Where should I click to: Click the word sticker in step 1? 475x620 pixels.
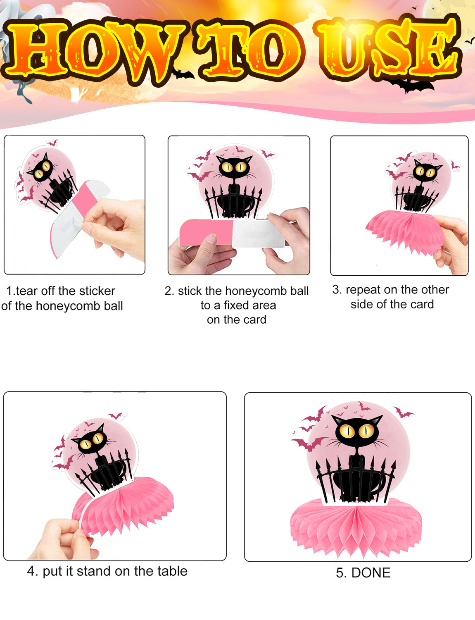click(97, 291)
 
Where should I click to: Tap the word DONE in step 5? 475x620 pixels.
click(371, 572)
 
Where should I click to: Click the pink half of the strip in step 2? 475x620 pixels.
click(206, 233)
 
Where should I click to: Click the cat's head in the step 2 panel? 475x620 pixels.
click(235, 167)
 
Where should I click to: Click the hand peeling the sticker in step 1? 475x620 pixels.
click(114, 225)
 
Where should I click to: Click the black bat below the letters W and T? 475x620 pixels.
click(183, 74)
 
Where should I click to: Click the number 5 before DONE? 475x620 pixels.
click(340, 572)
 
